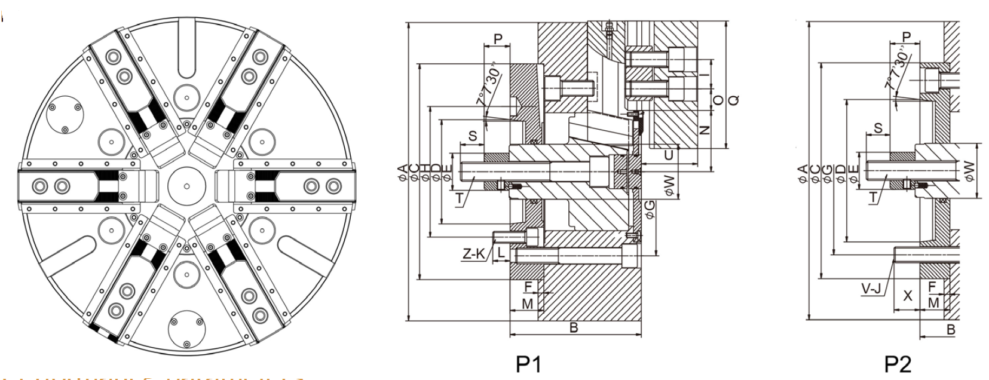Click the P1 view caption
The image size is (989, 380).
point(528,364)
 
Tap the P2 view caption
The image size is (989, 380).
point(898,364)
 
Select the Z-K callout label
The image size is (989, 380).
point(474,253)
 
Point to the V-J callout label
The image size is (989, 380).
point(872,290)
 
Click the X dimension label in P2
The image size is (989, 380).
point(908,295)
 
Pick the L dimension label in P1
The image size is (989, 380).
point(501,253)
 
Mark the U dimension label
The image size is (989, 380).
point(669,155)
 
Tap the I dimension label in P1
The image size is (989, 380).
point(705,75)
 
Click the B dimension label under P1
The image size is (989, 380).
point(574,327)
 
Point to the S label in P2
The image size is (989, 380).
point(878,128)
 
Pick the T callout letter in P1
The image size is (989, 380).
point(460,198)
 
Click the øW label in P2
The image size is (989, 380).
point(969,169)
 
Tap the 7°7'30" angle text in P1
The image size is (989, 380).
point(489,88)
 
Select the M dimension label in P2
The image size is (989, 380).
point(933,303)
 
